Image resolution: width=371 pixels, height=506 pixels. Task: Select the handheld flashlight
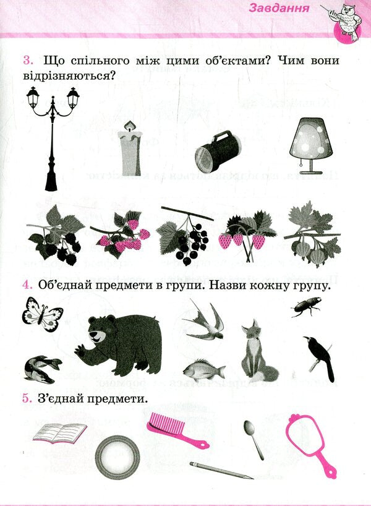click(218, 151)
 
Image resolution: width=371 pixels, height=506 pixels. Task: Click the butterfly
click(42, 314)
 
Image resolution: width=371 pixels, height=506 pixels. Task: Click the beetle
click(306, 307)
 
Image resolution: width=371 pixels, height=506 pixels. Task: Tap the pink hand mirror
click(310, 444)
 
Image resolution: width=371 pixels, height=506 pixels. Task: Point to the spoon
click(253, 439)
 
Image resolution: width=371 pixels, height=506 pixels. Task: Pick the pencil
click(221, 470)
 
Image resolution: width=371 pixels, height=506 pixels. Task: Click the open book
click(61, 433)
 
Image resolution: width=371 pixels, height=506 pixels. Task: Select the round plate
click(117, 458)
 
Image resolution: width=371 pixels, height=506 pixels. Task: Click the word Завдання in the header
click(279, 8)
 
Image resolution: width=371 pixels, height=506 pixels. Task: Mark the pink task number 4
click(27, 285)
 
